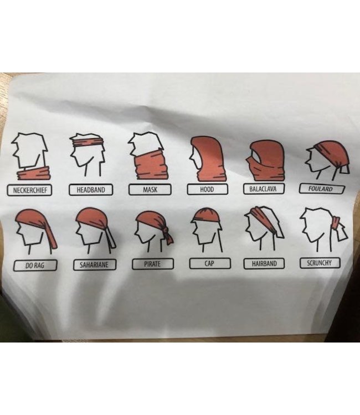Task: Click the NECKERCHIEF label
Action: pyautogui.click(x=29, y=190)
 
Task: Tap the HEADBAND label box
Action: pyautogui.click(x=91, y=190)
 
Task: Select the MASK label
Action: pyautogui.click(x=150, y=190)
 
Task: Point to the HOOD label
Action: pyautogui.click(x=207, y=189)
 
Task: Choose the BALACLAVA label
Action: pyautogui.click(x=264, y=189)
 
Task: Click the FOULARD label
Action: pyautogui.click(x=322, y=189)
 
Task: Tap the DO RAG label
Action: pyautogui.click(x=35, y=266)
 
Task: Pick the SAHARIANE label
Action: pyautogui.click(x=95, y=265)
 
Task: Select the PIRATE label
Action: pyautogui.click(x=152, y=264)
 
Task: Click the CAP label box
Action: pyautogui.click(x=210, y=263)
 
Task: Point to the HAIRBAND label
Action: pyautogui.click(x=264, y=263)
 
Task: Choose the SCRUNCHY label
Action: pyautogui.click(x=320, y=263)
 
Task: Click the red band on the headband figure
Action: pyautogui.click(x=88, y=142)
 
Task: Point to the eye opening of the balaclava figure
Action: pyautogui.click(x=256, y=155)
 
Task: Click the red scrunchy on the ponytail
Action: pyautogui.click(x=336, y=222)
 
